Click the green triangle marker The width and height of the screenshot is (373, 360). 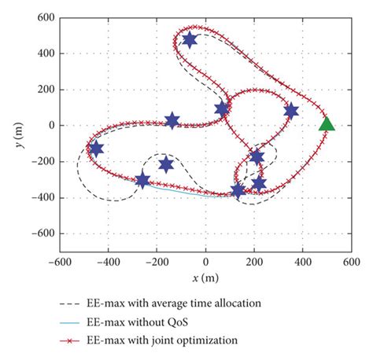click(x=327, y=123)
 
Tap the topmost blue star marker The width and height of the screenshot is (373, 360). click(x=190, y=40)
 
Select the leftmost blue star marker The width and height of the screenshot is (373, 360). click(x=96, y=149)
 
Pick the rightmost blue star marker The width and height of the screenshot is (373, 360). click(x=291, y=111)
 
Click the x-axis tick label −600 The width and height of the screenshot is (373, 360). click(x=57, y=262)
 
